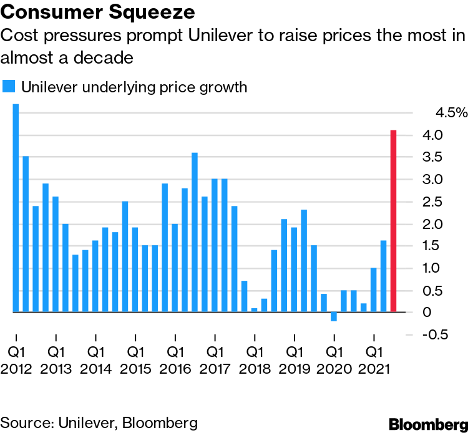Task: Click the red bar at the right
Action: click(x=393, y=221)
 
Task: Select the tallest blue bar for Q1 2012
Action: click(x=16, y=208)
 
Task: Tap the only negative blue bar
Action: click(x=334, y=316)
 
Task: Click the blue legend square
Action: click(x=9, y=87)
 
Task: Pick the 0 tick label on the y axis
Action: click(x=427, y=312)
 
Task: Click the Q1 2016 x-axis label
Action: click(x=175, y=359)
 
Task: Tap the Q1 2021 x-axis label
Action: click(x=374, y=359)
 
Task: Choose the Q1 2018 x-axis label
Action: click(x=255, y=359)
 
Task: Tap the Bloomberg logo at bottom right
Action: click(x=427, y=424)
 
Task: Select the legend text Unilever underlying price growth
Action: click(x=135, y=87)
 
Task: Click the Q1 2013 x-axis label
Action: click(x=56, y=359)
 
